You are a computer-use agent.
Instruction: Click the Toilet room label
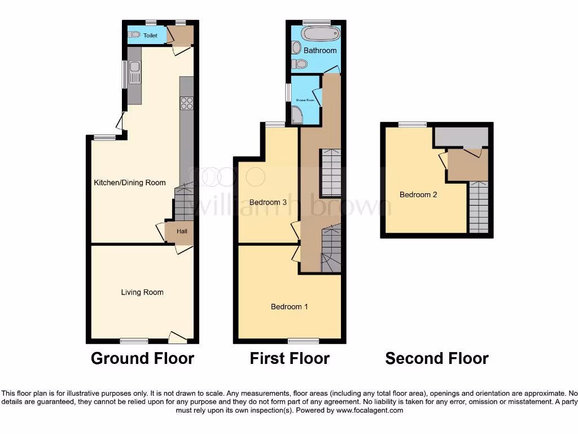pyautogui.click(x=150, y=35)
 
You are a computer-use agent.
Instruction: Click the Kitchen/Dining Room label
pyautogui.click(x=130, y=183)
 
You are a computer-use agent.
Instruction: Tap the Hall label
pyautogui.click(x=182, y=231)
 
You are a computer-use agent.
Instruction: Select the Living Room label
pyautogui.click(x=142, y=292)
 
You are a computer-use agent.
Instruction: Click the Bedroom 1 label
pyautogui.click(x=290, y=307)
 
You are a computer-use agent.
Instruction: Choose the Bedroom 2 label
pyautogui.click(x=418, y=194)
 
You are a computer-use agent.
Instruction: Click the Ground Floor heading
pyautogui.click(x=142, y=358)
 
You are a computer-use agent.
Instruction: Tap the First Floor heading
pyautogui.click(x=290, y=358)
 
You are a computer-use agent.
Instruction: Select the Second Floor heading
pyautogui.click(x=437, y=358)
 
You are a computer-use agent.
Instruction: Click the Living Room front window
pyautogui.click(x=134, y=341)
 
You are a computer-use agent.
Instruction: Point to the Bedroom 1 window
pyautogui.click(x=303, y=341)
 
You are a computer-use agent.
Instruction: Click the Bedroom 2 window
pyautogui.click(x=413, y=124)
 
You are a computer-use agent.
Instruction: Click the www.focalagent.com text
pyautogui.click(x=370, y=410)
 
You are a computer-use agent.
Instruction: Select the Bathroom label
pyautogui.click(x=320, y=50)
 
